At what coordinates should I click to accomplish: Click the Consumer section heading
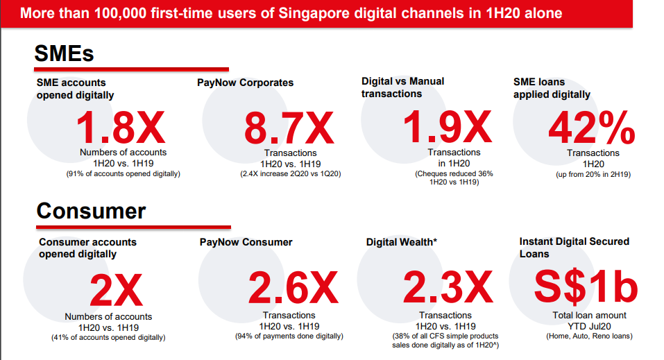[91, 210]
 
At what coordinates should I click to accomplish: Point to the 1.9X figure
[448, 127]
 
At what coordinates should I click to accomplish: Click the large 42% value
[592, 128]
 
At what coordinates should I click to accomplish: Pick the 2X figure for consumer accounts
[116, 291]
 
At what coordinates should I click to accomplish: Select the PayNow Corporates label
[246, 83]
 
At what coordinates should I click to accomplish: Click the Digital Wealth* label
[402, 242]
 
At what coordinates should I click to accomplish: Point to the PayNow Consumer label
[246, 242]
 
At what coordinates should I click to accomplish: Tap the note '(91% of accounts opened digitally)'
[123, 173]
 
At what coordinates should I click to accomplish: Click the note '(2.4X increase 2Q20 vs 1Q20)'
[290, 173]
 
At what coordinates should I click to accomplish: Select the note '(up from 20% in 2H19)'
[593, 174]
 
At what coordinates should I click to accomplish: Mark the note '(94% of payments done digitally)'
[289, 336]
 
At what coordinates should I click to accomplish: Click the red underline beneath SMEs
[132, 69]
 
